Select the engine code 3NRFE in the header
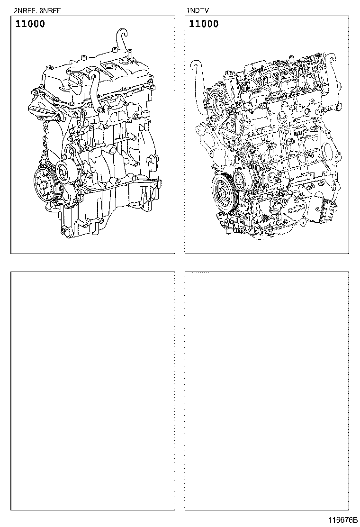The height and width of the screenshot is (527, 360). pos(50,11)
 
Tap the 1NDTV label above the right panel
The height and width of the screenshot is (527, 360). pos(198,11)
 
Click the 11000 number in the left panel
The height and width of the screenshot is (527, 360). pos(30,24)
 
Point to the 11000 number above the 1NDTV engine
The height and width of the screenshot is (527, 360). pos(204,24)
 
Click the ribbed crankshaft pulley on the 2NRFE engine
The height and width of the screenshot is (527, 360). pos(45,184)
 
